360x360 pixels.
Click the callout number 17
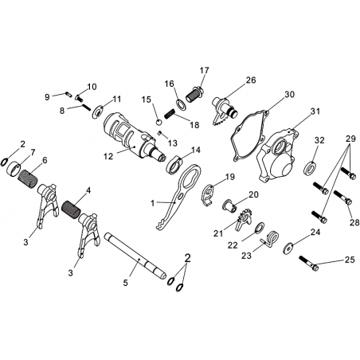coord(205,71)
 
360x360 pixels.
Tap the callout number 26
coord(251,80)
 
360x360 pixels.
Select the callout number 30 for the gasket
coord(290,95)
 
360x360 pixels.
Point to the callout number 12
coord(108,156)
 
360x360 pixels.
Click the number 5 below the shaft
coord(125,283)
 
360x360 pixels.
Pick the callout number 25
coord(350,260)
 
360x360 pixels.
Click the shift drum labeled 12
coord(134,138)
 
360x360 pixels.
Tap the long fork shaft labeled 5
coord(135,256)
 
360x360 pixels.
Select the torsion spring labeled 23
coord(269,238)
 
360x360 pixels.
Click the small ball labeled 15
coord(158,122)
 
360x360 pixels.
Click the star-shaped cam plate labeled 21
coord(244,219)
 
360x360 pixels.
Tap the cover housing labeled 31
coord(277,155)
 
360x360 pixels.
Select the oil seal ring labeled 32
coord(310,167)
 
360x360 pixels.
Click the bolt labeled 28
coord(343,198)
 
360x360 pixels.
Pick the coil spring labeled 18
coord(170,113)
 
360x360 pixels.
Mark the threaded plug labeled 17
coord(194,95)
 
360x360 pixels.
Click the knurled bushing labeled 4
coord(70,209)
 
